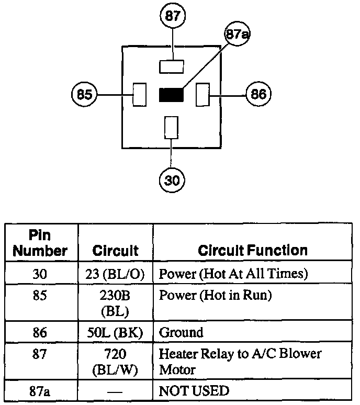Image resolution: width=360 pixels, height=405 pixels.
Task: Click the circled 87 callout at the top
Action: [x=172, y=16]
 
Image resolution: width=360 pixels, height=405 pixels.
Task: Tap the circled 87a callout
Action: [x=237, y=35]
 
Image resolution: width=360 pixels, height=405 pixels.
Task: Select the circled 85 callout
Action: [x=84, y=95]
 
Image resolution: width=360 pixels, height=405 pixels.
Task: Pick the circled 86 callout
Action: [x=258, y=95]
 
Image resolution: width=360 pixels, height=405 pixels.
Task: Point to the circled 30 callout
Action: [x=172, y=181]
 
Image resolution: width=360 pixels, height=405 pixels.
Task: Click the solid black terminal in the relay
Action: [x=171, y=95]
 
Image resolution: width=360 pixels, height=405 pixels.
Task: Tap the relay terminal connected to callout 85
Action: [x=139, y=95]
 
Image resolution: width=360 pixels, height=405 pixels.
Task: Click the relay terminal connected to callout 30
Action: [x=172, y=127]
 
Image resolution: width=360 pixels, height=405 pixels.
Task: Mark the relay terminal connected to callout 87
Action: [x=172, y=66]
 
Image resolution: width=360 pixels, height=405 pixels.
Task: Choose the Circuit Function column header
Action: [x=252, y=250]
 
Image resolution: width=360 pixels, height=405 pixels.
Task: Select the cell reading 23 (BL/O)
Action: [x=115, y=274]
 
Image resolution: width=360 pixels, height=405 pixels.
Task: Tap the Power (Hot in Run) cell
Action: [x=216, y=296]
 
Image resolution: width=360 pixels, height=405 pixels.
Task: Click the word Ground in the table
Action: [x=181, y=332]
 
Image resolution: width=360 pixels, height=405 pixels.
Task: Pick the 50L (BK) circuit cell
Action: [x=115, y=332]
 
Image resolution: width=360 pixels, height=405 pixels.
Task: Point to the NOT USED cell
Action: [x=194, y=390]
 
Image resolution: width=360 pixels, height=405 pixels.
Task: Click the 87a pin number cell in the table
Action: [x=40, y=390]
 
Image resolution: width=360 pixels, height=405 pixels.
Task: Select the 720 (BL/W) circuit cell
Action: [x=115, y=362]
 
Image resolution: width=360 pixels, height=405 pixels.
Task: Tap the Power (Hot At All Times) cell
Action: [x=233, y=274]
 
